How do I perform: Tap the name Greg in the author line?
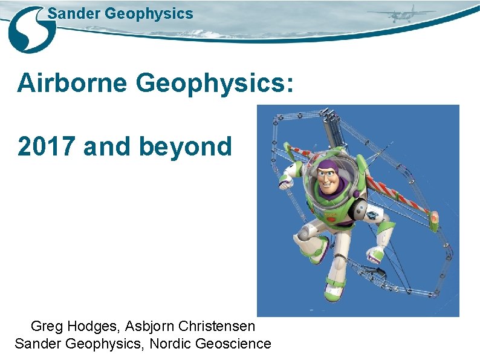tap(45, 326)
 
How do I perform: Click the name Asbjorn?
tap(148, 326)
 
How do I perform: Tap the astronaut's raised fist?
tap(285, 181)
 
